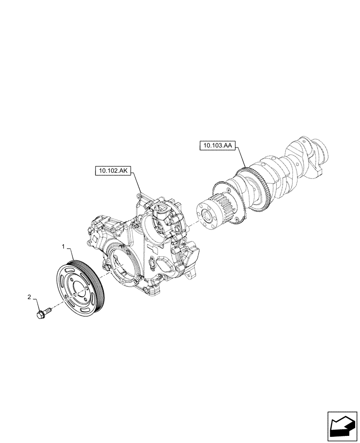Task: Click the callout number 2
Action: [30, 297]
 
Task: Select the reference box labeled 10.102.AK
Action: [111, 171]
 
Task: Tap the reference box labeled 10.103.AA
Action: [219, 145]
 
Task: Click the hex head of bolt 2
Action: [39, 315]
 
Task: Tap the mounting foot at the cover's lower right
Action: [191, 277]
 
